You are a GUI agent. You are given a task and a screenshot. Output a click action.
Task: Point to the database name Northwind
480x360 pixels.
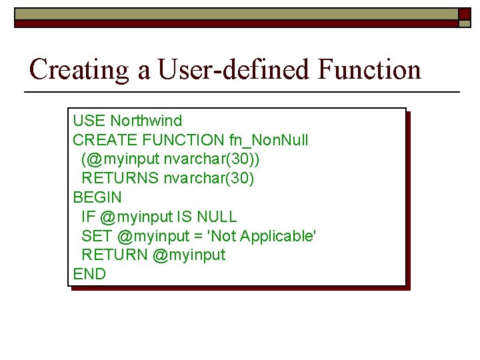146,121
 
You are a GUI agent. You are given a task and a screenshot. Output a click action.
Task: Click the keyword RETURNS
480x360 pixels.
120,178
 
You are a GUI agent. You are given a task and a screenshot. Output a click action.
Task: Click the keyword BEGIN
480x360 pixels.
97,197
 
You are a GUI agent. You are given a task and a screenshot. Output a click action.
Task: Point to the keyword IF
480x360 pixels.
89,217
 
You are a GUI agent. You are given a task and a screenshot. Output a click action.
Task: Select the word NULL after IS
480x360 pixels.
217,217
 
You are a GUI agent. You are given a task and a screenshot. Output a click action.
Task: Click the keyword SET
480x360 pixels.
97,236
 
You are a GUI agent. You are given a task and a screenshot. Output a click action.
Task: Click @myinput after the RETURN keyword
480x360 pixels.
189,255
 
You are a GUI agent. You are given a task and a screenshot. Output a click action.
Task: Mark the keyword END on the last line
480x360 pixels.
89,274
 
